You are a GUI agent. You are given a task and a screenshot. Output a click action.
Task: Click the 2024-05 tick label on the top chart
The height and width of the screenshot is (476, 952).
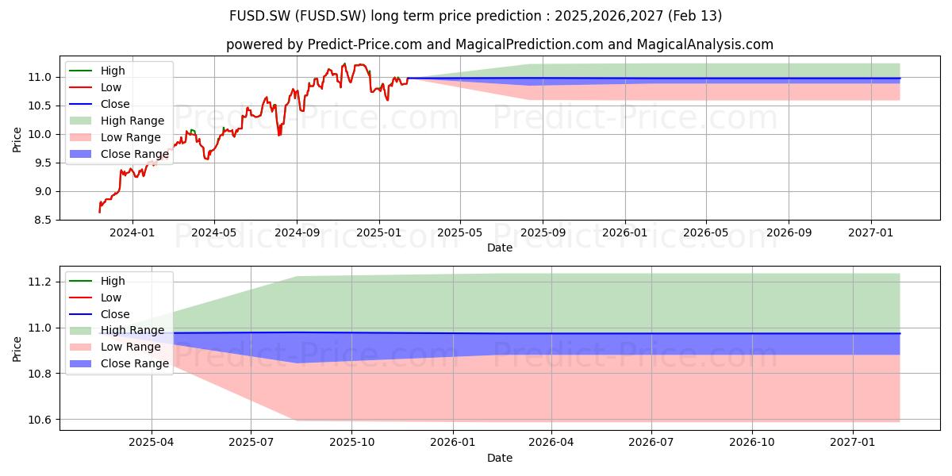(x=214, y=233)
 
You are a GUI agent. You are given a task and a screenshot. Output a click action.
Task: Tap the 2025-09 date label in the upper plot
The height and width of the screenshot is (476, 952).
(x=543, y=233)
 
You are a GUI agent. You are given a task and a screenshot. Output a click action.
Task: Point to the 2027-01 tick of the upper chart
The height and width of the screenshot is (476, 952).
(x=871, y=233)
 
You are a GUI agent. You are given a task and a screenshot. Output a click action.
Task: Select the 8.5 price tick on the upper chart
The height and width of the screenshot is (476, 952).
(x=40, y=221)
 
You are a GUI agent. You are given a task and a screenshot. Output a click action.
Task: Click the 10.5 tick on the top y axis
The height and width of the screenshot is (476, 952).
(x=40, y=106)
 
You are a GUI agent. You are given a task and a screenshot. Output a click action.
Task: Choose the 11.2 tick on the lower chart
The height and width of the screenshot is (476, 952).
(x=40, y=282)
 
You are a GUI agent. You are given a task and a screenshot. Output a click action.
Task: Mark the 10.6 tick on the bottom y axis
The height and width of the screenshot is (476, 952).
(x=40, y=420)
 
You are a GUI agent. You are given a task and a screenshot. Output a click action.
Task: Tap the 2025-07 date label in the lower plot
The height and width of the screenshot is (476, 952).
(x=251, y=443)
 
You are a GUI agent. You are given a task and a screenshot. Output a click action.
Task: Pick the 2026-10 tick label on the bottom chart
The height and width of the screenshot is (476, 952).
(x=752, y=443)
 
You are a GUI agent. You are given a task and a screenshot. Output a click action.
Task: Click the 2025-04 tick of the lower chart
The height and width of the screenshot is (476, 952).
(x=152, y=443)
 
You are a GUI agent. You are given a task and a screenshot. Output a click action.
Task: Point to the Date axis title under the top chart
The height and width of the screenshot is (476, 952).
(x=500, y=248)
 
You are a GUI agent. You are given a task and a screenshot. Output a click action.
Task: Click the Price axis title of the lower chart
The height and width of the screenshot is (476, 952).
(x=17, y=349)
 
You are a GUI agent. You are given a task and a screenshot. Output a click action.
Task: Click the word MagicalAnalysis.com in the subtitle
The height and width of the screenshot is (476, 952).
(x=704, y=44)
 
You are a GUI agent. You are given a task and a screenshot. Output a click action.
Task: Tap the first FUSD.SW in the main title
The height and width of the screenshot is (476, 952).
(x=260, y=16)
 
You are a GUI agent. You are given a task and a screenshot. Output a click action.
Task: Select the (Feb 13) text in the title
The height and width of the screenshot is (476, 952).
(x=695, y=16)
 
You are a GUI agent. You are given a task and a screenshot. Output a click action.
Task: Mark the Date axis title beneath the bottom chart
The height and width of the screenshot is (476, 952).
(x=500, y=458)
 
